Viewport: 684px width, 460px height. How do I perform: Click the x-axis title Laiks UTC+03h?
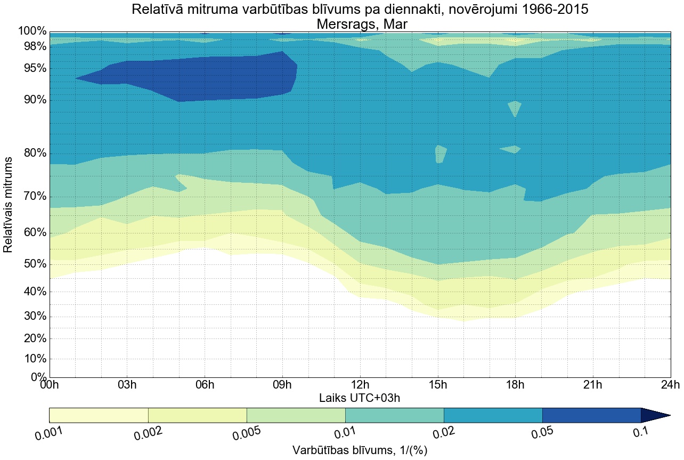[360, 398]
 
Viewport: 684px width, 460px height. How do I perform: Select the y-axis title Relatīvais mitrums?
[9, 205]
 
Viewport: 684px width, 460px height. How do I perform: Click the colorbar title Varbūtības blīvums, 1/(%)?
[360, 450]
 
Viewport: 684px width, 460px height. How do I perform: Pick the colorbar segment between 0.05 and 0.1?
[591, 415]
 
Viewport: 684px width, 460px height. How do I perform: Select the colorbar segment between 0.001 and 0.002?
[99, 415]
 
